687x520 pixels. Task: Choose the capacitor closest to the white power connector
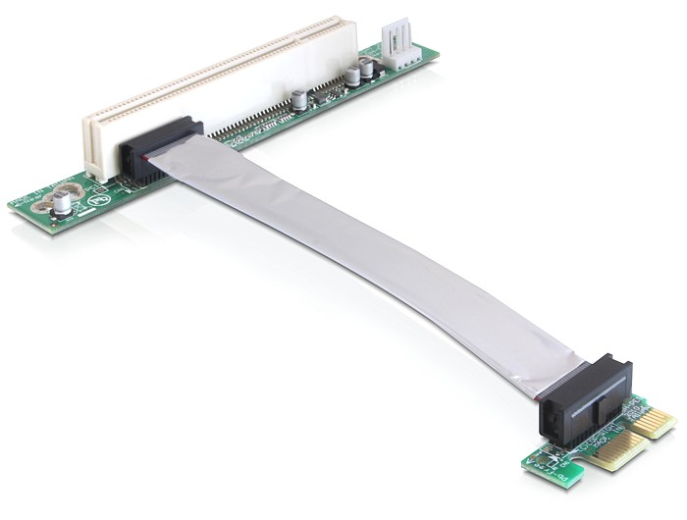coord(366,69)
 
